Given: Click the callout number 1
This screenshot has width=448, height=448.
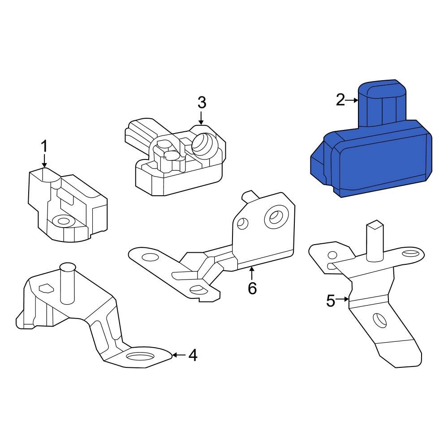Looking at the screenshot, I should click(44, 146).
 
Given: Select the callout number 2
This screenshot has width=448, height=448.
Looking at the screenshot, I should click(340, 100).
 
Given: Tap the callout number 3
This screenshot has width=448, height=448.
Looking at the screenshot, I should click(202, 103).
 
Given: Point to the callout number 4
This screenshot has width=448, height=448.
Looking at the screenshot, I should click(193, 355).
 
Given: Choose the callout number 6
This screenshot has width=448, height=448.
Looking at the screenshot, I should click(252, 288).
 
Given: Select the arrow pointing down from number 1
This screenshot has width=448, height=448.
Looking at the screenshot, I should click(44, 160).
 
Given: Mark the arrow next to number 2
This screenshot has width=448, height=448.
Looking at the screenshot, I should click(352, 100).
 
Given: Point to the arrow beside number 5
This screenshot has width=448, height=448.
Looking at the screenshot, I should click(343, 299).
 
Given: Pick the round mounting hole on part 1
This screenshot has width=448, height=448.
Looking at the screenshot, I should click(63, 220).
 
